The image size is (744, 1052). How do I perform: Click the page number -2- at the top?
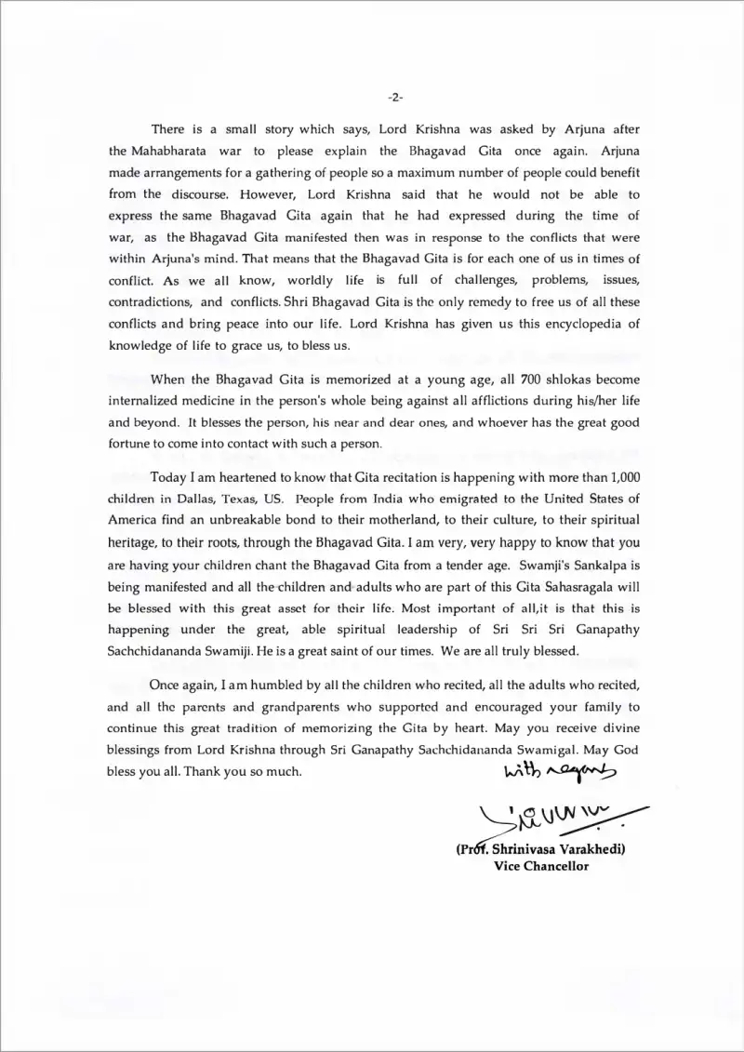point(393,97)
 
